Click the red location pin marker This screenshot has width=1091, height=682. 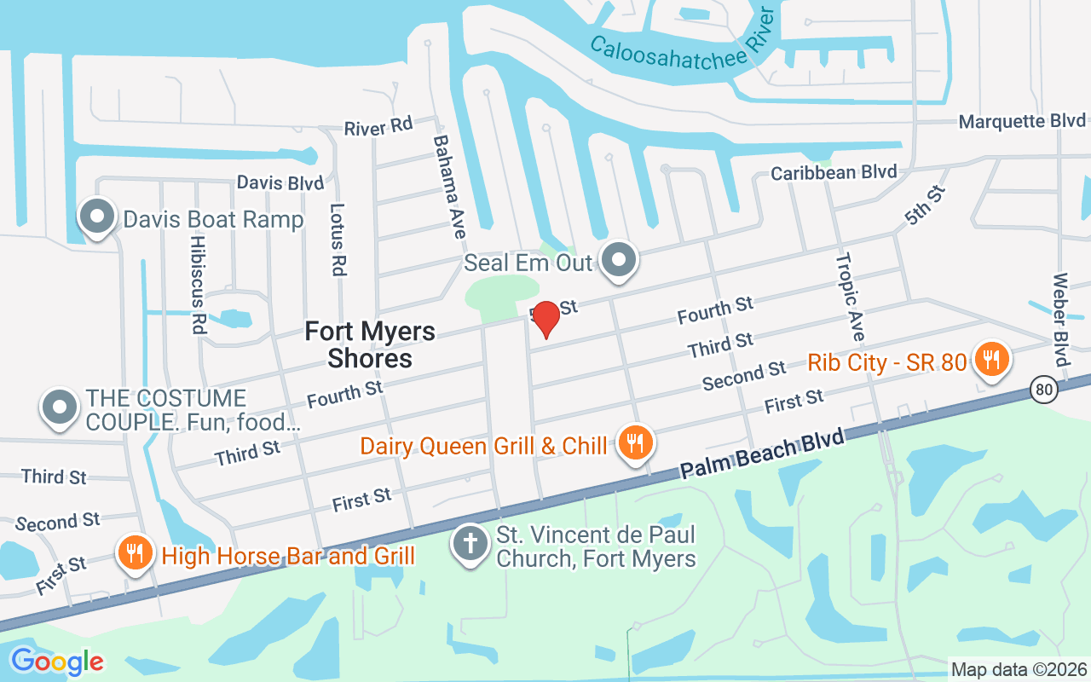click(x=545, y=319)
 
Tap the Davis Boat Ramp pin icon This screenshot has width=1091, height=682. click(x=97, y=217)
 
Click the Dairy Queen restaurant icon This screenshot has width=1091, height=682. click(x=635, y=443)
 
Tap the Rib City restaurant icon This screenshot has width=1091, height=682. click(x=990, y=360)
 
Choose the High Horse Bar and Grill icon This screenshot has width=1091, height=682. click(x=134, y=554)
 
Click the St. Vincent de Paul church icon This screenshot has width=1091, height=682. click(x=470, y=546)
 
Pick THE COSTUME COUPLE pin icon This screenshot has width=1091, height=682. click(x=60, y=407)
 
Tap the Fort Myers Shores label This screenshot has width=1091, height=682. click(x=370, y=344)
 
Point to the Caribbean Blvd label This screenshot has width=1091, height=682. click(x=834, y=172)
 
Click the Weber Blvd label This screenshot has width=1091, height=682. click(x=1060, y=320)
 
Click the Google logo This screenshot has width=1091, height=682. click(x=57, y=661)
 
